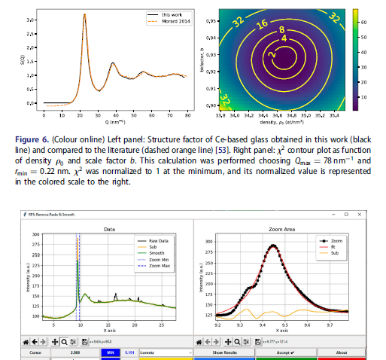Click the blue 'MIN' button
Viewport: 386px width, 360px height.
click(110, 351)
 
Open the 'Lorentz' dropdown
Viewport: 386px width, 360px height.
click(165, 351)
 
